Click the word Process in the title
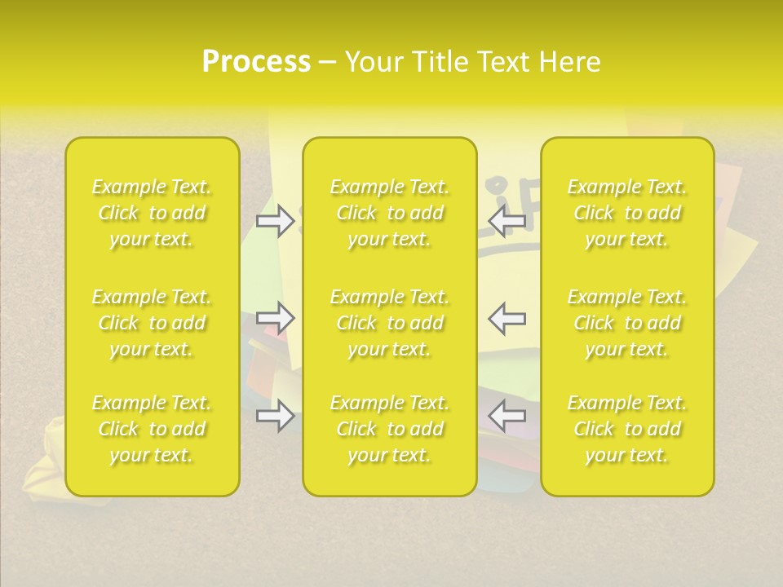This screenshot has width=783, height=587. pos(256,62)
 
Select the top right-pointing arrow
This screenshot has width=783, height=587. pos(275,220)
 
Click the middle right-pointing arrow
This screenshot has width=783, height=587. pos(275,317)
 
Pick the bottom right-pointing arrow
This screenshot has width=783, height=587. pos(275,416)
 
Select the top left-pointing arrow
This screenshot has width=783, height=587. pos(507,220)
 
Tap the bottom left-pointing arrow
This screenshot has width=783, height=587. pos(507,416)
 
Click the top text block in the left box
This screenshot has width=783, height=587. pos(152,213)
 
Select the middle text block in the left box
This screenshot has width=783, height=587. pos(152,323)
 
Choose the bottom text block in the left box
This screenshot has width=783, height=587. pos(152,429)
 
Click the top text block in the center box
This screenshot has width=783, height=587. pos(389,213)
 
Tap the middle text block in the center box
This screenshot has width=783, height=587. pos(389,323)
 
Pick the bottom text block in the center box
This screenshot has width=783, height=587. pos(389,429)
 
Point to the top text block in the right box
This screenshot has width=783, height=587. pos(627,213)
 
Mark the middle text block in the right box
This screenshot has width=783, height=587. pos(627,323)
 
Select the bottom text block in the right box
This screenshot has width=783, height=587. pos(627,429)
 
